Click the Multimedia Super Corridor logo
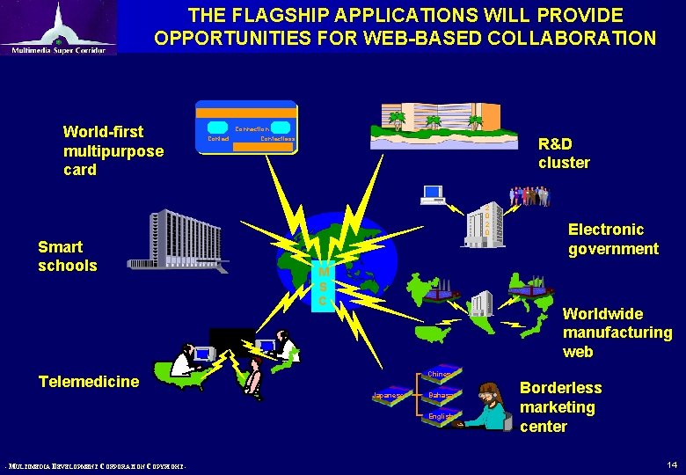point(58,28)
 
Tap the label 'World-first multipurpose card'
point(113,150)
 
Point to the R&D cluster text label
point(564,153)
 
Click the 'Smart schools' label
point(68,256)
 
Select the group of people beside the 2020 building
point(529,196)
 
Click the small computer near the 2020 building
point(433,195)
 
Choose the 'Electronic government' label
point(612,239)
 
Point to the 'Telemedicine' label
point(89,381)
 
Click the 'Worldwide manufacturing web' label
point(617,332)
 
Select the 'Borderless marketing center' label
point(560,407)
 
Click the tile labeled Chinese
point(439,376)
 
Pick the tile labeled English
point(439,416)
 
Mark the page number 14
point(672,463)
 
